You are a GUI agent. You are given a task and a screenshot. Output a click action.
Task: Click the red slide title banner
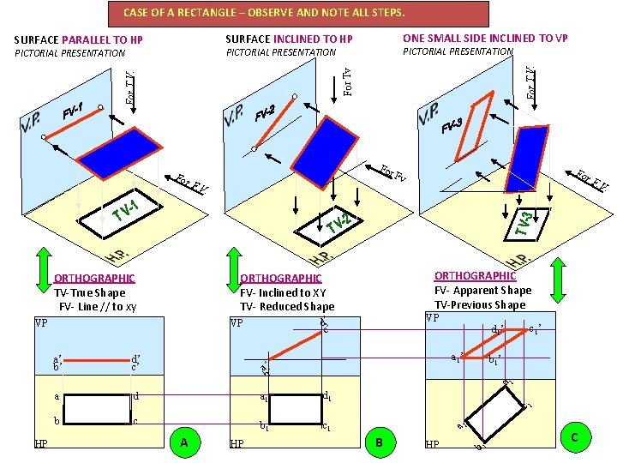tap(299, 13)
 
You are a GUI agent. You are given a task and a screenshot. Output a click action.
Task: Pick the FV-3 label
tap(452, 127)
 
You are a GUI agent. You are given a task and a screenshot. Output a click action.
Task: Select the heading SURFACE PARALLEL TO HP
tap(79, 40)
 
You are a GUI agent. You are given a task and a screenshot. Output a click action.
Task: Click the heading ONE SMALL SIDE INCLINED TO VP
tap(485, 38)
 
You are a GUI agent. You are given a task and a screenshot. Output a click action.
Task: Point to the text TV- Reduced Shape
tap(286, 306)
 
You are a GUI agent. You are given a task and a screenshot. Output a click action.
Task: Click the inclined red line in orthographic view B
tap(292, 345)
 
